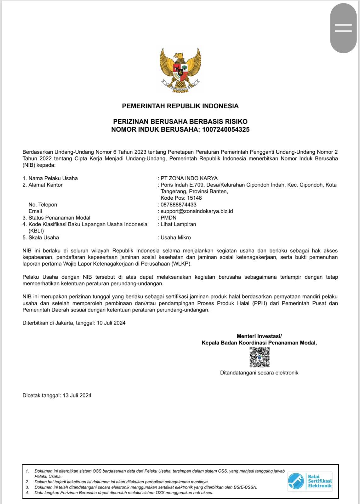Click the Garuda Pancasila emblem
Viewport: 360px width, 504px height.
pyautogui.click(x=180, y=70)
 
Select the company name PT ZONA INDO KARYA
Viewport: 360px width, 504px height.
pyautogui.click(x=189, y=178)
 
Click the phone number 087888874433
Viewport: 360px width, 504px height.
pyautogui.click(x=179, y=205)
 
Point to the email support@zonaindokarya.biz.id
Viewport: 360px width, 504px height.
pyautogui.click(x=197, y=211)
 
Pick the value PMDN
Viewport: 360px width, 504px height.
pyautogui.click(x=169, y=218)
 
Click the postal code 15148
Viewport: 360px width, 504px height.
pyautogui.click(x=194, y=198)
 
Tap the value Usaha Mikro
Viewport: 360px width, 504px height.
pyautogui.click(x=176, y=238)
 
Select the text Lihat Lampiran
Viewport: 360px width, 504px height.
pyautogui.click(x=178, y=225)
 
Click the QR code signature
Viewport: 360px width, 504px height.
pyautogui.click(x=260, y=357)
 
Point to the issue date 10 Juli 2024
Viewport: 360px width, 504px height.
pyautogui.click(x=111, y=323)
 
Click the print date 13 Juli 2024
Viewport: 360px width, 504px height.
pyautogui.click(x=77, y=396)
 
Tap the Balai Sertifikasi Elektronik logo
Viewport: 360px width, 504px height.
pyautogui.click(x=310, y=481)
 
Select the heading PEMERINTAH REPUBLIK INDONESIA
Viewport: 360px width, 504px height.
pyautogui.click(x=180, y=106)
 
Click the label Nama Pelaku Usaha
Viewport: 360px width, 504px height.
pyautogui.click(x=53, y=178)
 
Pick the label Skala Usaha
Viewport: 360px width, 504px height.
pyautogui.click(x=43, y=238)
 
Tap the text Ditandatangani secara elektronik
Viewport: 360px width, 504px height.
pyautogui.click(x=259, y=373)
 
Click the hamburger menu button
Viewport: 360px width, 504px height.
pyautogui.click(x=343, y=28)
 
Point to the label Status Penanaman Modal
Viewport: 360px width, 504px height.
pyautogui.click(x=59, y=218)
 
